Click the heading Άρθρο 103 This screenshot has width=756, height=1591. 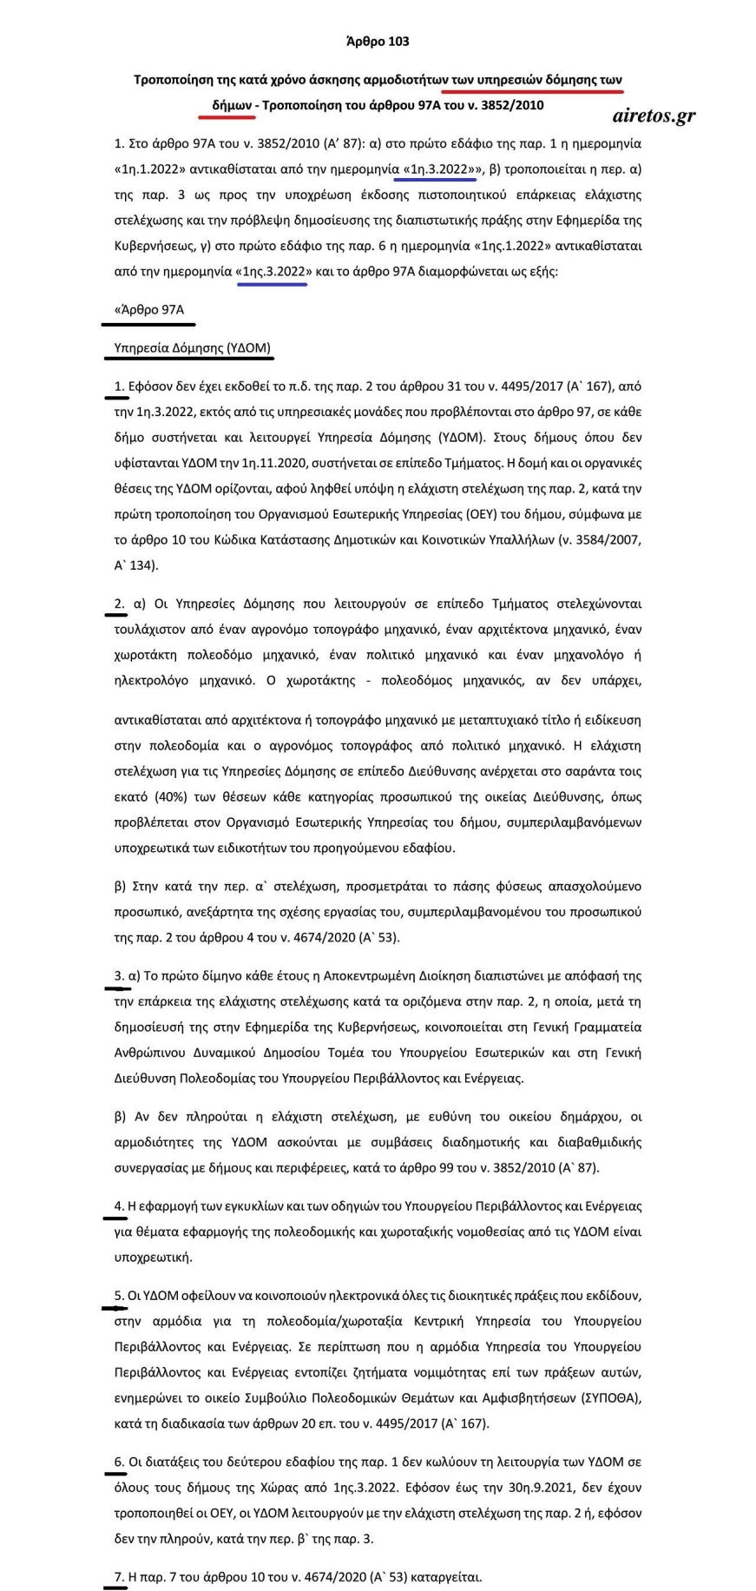pyautogui.click(x=377, y=41)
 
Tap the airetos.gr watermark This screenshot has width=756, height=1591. pyautogui.click(x=653, y=116)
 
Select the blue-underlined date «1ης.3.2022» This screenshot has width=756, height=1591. pyautogui.click(x=273, y=271)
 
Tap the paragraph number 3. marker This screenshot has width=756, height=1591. pyautogui.click(x=119, y=975)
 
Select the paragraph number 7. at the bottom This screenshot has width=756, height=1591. pyautogui.click(x=119, y=1576)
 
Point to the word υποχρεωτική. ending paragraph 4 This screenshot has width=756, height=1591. pyautogui.click(x=141, y=1257)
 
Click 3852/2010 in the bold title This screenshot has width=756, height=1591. pyautogui.click(x=514, y=105)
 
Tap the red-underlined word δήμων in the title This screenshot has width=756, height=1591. pyautogui.click(x=231, y=105)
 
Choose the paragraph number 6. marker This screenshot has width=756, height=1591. pyautogui.click(x=119, y=1462)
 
